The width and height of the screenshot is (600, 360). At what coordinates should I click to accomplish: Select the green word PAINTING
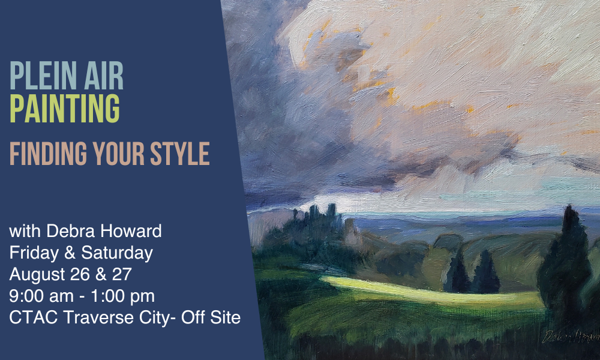pyautogui.click(x=65, y=108)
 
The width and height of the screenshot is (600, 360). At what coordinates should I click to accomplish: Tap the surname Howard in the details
pyautogui.click(x=131, y=231)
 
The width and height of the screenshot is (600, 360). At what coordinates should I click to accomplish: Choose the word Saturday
pyautogui.click(x=117, y=253)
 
